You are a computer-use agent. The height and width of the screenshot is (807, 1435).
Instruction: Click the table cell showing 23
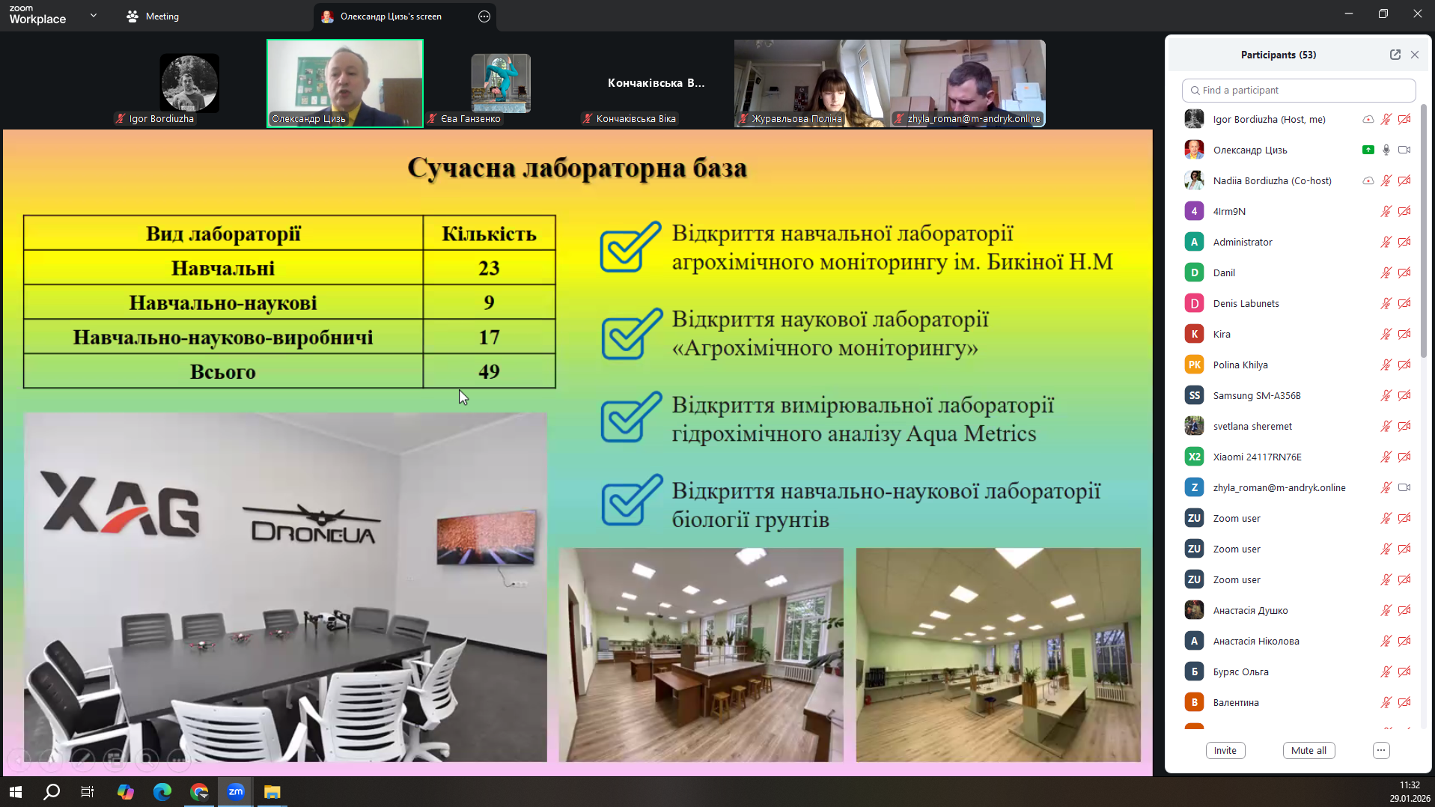point(489,268)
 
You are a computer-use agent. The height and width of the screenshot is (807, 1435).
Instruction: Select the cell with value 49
point(489,371)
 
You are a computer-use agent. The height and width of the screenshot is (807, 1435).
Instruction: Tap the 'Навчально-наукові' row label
point(223,302)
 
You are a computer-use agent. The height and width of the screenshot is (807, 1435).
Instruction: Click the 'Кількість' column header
point(489,234)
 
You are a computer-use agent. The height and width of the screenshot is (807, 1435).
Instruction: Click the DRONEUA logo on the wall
point(313,523)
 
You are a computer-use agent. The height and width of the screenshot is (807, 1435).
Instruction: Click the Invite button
point(1225,750)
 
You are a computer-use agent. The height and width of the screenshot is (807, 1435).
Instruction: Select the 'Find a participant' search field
point(1298,91)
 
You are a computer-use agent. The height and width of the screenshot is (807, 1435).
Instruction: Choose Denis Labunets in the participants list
point(1246,303)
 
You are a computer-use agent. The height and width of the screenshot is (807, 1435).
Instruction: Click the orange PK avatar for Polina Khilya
point(1194,365)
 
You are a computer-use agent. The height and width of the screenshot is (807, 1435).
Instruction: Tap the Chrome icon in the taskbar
point(199,791)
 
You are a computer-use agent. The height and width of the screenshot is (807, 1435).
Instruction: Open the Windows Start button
point(15,791)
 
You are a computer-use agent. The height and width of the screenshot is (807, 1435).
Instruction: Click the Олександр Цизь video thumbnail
point(345,83)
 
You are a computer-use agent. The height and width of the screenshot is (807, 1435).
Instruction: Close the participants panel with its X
point(1414,55)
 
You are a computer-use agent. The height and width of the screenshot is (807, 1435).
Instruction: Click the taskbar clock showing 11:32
point(1410,785)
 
